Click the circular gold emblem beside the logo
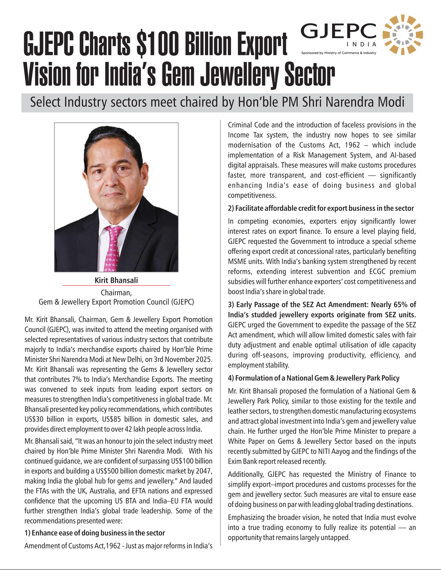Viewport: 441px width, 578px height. click(403, 34)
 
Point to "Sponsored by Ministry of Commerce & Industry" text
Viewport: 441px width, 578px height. click(339, 53)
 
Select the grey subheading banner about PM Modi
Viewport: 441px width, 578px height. click(217, 103)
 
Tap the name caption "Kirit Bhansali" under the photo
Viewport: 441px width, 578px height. click(116, 280)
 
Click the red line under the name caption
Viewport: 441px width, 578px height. click(116, 286)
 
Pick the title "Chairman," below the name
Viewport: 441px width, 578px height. click(116, 292)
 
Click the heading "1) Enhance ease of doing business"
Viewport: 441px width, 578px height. click(95, 533)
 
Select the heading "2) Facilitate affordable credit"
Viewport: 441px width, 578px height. click(321, 208)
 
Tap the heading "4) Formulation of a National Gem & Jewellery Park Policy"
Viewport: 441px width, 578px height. click(314, 378)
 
